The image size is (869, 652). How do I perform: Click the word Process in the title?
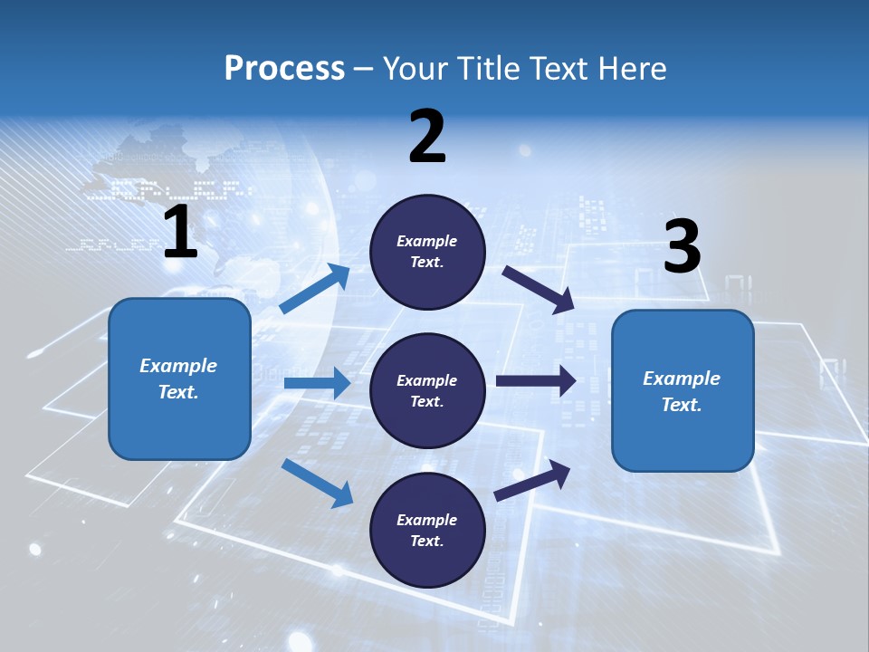point(284,69)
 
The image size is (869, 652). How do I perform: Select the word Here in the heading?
point(630,69)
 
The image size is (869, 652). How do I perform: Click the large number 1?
point(180,233)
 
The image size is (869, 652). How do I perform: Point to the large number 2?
point(427,137)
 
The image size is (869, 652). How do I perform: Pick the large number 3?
point(682,247)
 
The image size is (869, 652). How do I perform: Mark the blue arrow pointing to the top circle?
point(315,289)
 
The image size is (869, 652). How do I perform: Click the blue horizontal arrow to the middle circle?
point(317,383)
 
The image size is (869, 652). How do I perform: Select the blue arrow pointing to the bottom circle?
point(317,482)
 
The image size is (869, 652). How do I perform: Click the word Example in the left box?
point(178,366)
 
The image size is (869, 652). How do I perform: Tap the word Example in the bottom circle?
point(426,520)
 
